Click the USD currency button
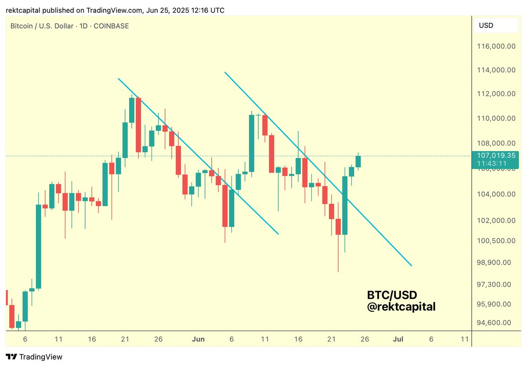click(x=486, y=25)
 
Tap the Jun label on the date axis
click(x=199, y=339)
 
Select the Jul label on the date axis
click(x=398, y=339)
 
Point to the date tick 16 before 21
click(x=92, y=339)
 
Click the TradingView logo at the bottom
click(x=34, y=357)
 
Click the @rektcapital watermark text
click(x=401, y=306)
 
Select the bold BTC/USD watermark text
click(x=392, y=295)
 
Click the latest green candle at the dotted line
click(x=358, y=162)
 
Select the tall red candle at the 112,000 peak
click(x=138, y=125)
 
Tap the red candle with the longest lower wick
click(x=338, y=227)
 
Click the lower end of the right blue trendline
click(x=411, y=265)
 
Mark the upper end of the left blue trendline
click(x=119, y=79)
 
